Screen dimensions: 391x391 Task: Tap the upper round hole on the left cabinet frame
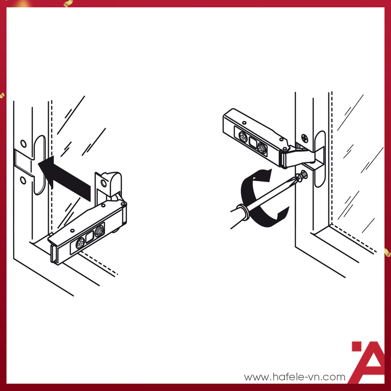coord(24,144)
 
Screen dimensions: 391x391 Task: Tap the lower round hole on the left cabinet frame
coord(23,180)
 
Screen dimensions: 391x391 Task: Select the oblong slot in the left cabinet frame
coord(39,165)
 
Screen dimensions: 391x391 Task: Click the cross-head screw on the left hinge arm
coord(80,243)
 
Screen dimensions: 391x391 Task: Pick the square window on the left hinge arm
coord(90,237)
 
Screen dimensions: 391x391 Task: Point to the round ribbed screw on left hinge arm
coord(99,231)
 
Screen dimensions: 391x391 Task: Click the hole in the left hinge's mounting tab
coord(103,183)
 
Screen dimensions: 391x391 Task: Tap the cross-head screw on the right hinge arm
coord(243,137)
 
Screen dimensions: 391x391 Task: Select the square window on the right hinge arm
coord(253,143)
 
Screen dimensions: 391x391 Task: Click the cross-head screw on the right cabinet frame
coord(305,138)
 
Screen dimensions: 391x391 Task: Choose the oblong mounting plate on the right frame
coord(320,159)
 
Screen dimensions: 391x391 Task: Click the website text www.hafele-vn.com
coord(294,377)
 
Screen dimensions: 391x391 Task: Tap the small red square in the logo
coord(357,346)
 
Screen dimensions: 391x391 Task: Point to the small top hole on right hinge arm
coord(244,123)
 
